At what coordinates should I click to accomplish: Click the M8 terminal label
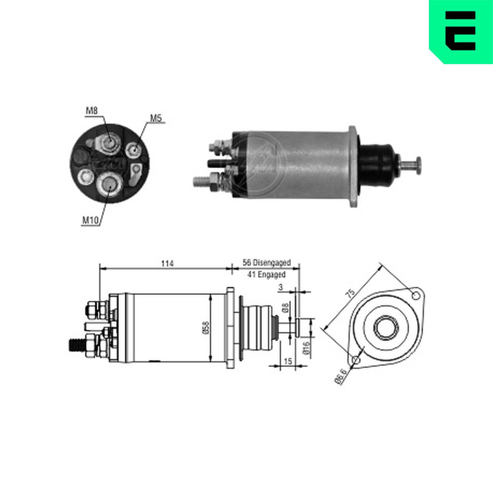click(x=92, y=110)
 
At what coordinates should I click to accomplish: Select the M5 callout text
click(x=156, y=118)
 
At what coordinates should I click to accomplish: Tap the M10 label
click(x=90, y=220)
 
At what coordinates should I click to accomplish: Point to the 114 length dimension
click(x=167, y=263)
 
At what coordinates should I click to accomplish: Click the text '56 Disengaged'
click(x=267, y=263)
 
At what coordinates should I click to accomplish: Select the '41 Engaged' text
click(x=266, y=275)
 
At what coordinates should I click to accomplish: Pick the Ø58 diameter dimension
click(x=206, y=328)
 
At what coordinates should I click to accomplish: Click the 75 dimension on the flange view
click(x=350, y=293)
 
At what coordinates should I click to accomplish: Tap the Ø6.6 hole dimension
click(x=341, y=376)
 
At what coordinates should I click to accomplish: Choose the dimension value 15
click(x=288, y=361)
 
